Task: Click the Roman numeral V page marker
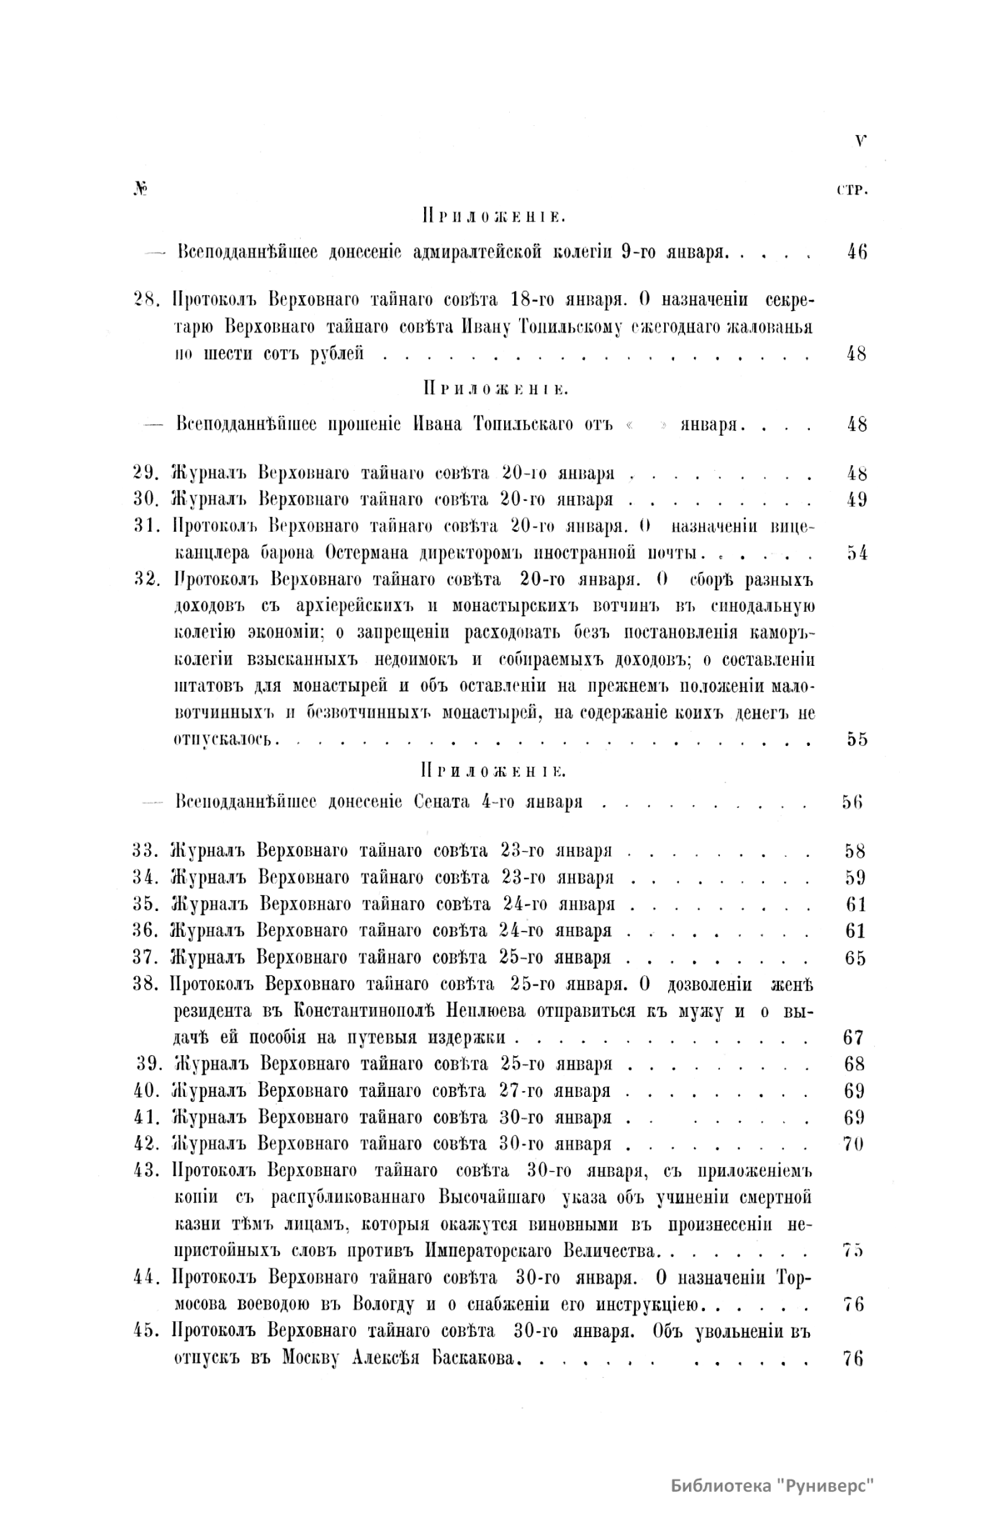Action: [860, 141]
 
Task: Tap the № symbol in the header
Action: [139, 190]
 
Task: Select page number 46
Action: [856, 251]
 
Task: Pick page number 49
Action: [856, 500]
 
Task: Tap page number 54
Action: [856, 553]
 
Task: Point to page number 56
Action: [852, 802]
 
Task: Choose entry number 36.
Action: [147, 930]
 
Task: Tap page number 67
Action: [854, 1038]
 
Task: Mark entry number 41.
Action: [147, 1117]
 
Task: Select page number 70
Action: [854, 1144]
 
